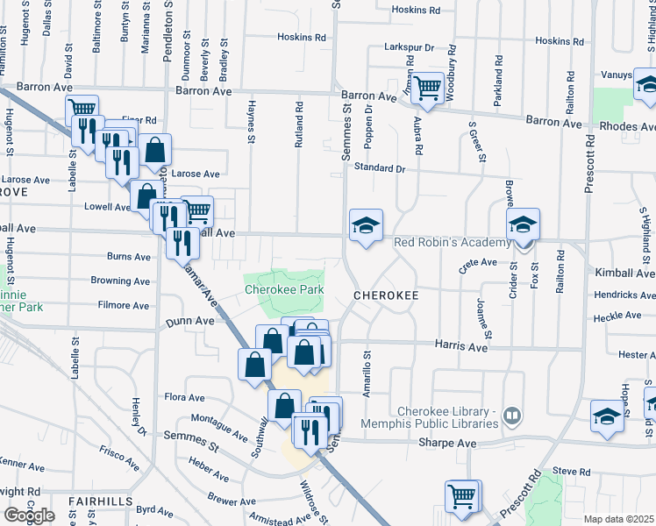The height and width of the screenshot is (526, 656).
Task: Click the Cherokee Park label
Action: pyautogui.click(x=284, y=289)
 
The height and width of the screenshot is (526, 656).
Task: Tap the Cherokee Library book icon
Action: pyautogui.click(x=513, y=413)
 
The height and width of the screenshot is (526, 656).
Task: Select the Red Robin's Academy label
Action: pyautogui.click(x=452, y=243)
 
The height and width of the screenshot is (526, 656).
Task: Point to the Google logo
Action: pyautogui.click(x=29, y=515)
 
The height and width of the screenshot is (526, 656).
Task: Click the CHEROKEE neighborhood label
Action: pyautogui.click(x=386, y=296)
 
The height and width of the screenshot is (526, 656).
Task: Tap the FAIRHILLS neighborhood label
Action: pyautogui.click(x=101, y=501)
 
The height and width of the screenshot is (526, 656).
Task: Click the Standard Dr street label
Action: pyautogui.click(x=381, y=167)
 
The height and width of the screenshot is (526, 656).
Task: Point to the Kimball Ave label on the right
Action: pyautogui.click(x=624, y=274)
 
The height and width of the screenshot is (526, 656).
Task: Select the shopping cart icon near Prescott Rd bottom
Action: pyautogui.click(x=462, y=495)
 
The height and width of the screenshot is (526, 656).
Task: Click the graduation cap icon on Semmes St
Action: pyautogui.click(x=366, y=225)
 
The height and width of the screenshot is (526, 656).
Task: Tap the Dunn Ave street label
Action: pyautogui.click(x=190, y=323)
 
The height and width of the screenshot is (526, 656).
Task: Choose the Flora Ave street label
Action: pyautogui.click(x=184, y=397)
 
